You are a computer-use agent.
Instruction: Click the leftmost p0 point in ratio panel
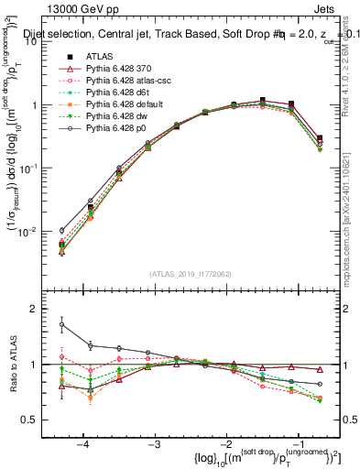[x=61, y=324]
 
